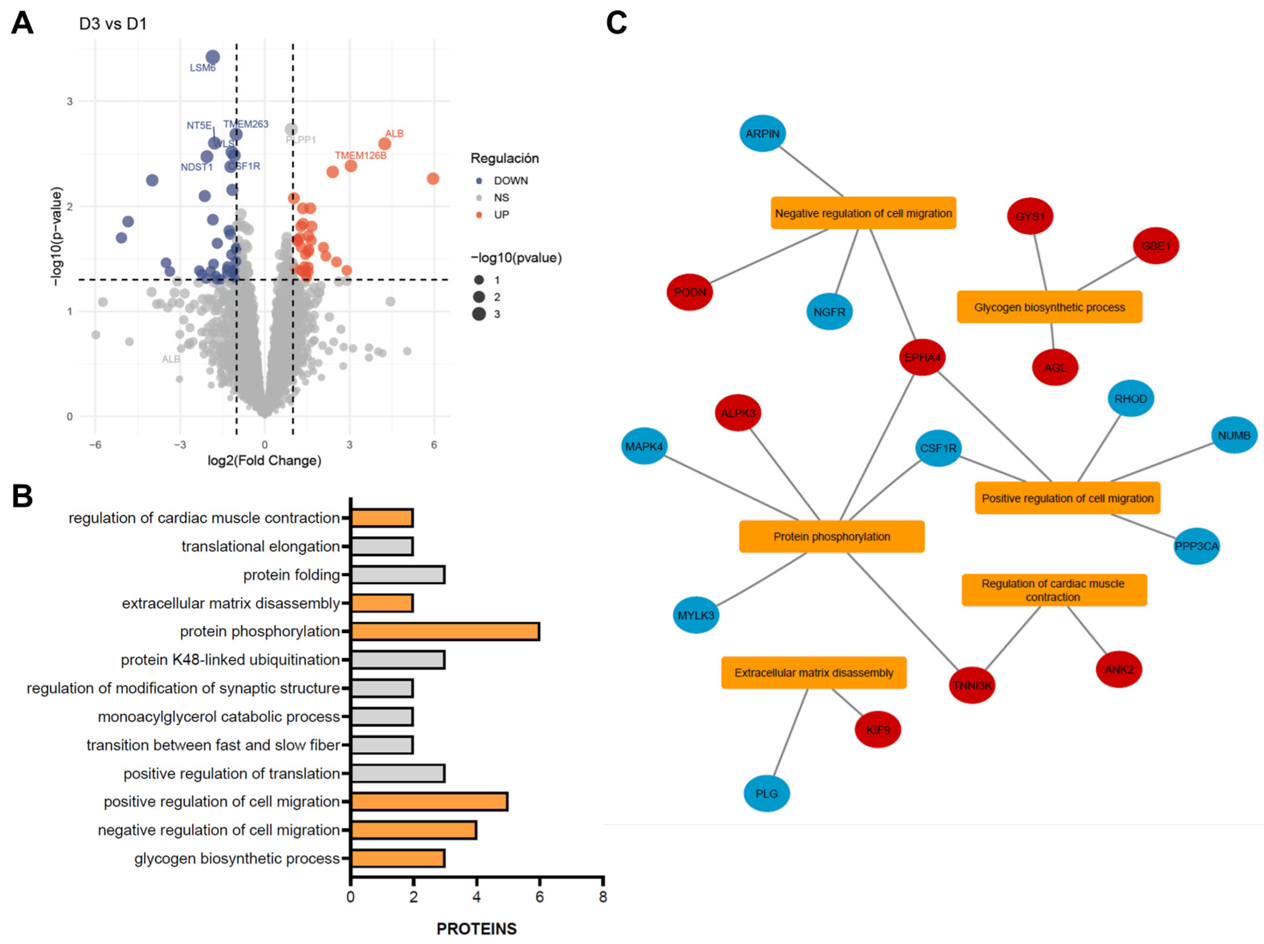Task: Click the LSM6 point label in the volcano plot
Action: (x=202, y=68)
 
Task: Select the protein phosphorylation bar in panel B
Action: (x=445, y=632)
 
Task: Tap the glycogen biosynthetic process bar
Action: (x=398, y=859)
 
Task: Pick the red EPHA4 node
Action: (x=922, y=357)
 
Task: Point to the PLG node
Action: (x=766, y=794)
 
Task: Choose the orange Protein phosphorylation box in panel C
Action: (x=831, y=537)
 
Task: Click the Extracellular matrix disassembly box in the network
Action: (x=813, y=673)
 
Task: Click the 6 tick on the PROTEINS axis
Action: (x=539, y=897)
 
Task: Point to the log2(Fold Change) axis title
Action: (x=264, y=460)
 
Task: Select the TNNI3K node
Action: (x=971, y=685)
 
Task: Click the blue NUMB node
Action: (x=1234, y=435)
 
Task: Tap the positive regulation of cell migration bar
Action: (x=429, y=802)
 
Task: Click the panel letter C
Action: (x=616, y=23)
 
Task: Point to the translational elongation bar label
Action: (x=261, y=547)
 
